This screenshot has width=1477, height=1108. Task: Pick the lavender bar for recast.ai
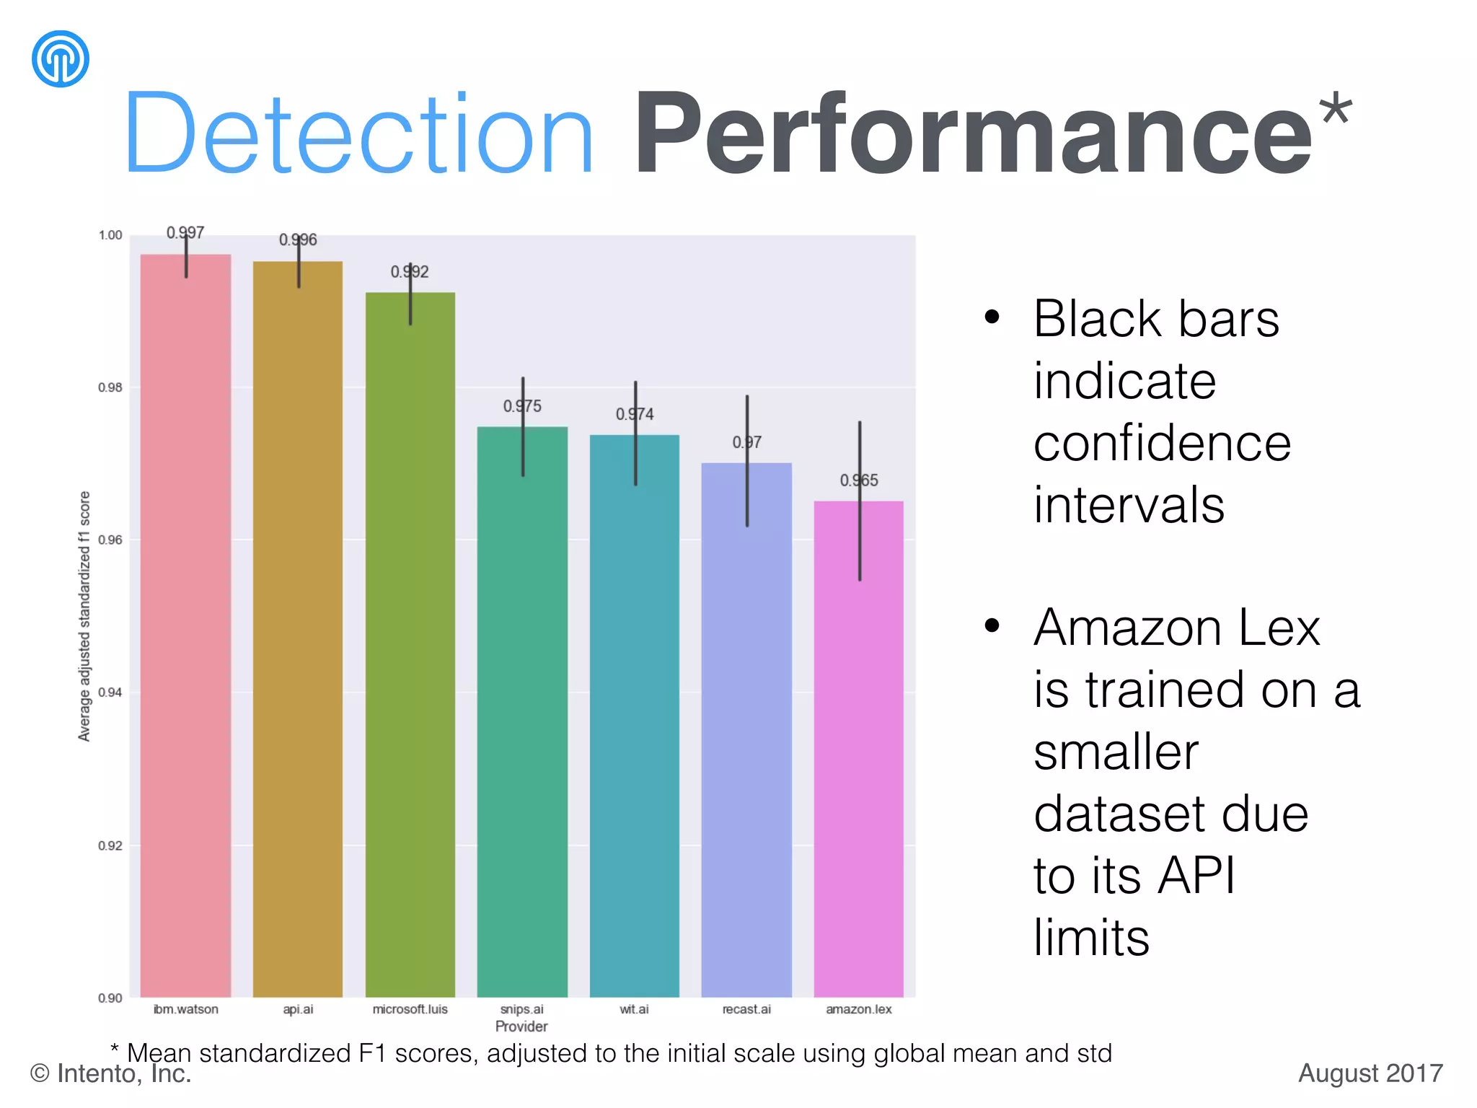coord(746,729)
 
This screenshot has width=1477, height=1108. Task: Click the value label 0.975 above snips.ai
coord(522,406)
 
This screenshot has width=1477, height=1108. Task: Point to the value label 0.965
coord(858,480)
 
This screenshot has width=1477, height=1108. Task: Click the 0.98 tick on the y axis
coord(110,387)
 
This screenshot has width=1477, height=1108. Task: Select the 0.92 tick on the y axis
coord(110,845)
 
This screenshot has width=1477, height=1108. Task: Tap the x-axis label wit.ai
coord(634,1009)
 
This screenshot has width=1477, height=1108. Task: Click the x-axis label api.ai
coord(298,1009)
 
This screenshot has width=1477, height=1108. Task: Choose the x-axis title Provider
coord(521,1026)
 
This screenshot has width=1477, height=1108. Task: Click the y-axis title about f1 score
coord(84,616)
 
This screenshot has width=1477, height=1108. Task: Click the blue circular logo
coord(61,58)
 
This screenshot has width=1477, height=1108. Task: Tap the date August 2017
coord(1370,1073)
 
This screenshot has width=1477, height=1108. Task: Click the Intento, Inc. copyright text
coord(110,1073)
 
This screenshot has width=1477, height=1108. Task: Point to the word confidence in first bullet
coord(1162,443)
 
